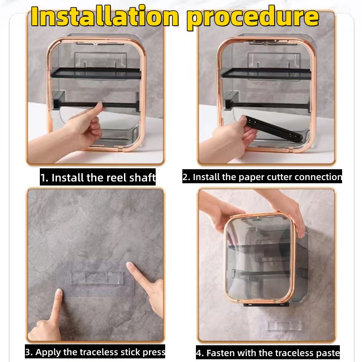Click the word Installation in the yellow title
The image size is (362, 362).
(105, 17)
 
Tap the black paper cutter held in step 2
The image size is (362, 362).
(273, 129)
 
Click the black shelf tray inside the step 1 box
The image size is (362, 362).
(96, 73)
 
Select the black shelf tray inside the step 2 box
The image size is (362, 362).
(266, 74)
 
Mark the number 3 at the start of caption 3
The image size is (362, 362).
(28, 352)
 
